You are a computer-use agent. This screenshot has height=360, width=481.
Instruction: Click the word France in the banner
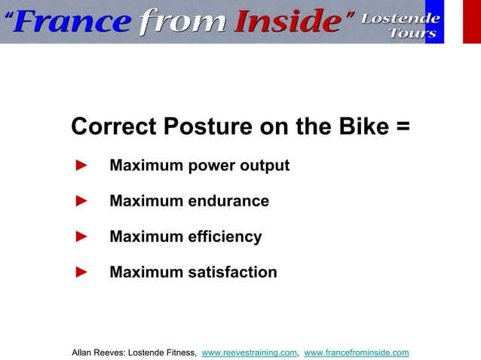point(72,23)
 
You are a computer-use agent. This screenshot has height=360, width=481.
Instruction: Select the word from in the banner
point(182,23)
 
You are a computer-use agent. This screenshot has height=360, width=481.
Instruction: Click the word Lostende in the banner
point(400,17)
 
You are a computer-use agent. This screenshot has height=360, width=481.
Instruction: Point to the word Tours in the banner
point(412,33)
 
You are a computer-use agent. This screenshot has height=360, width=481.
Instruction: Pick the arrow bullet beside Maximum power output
point(82,165)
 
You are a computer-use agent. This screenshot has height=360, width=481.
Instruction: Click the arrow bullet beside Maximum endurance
point(82,201)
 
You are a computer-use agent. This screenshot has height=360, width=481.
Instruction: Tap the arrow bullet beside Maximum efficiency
point(82,237)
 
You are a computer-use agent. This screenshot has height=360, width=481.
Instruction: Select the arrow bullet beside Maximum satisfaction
point(82,272)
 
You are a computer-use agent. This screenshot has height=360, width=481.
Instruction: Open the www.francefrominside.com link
point(356,352)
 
